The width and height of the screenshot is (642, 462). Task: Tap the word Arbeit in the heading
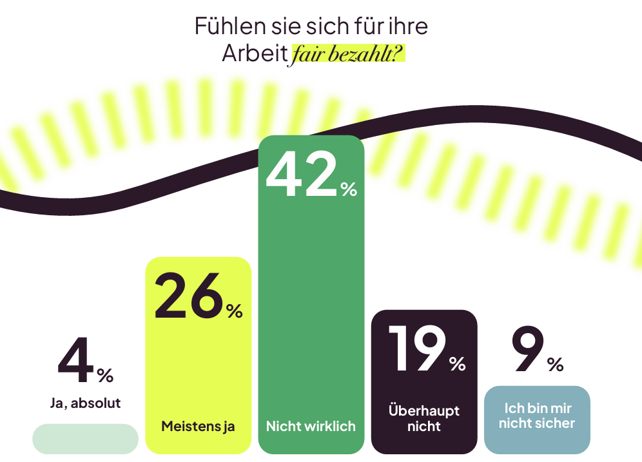coord(255,54)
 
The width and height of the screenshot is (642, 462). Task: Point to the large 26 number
coord(189,296)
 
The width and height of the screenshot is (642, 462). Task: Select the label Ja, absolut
coord(85,403)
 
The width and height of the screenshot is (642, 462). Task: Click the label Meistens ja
coord(198,426)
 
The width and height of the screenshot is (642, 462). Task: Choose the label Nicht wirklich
coord(311,426)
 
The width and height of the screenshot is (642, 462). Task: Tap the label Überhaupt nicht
coord(424,418)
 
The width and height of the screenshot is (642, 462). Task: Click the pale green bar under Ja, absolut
coord(85,438)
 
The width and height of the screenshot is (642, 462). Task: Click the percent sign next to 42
coord(349,189)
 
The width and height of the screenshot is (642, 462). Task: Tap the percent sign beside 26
coord(235,311)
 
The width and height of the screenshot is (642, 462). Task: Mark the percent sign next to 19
coord(458,364)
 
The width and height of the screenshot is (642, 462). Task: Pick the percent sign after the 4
coord(105,374)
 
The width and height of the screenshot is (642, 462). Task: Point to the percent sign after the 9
coord(555,365)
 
